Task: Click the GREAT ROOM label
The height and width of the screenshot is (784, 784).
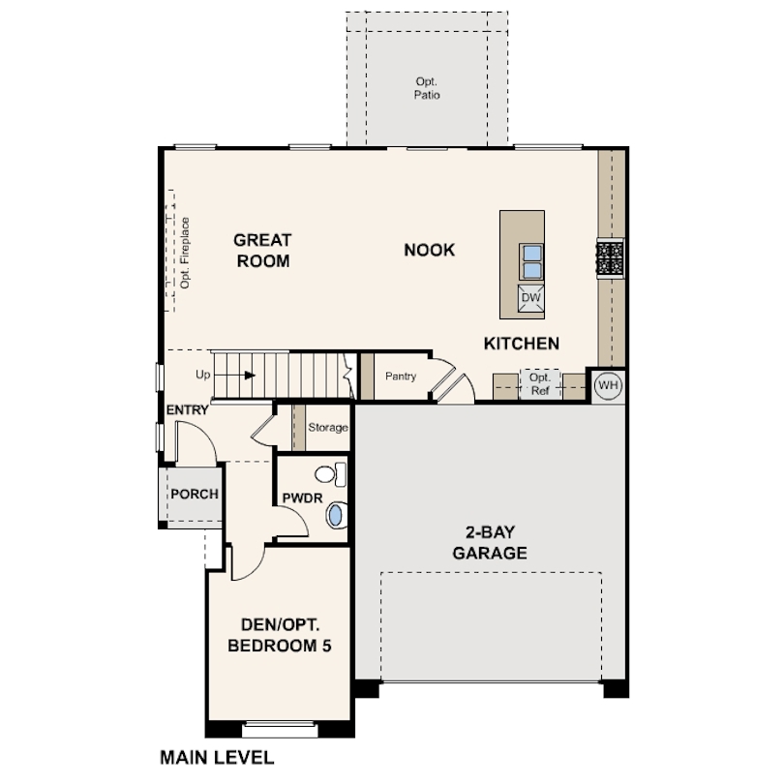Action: pyautogui.click(x=262, y=251)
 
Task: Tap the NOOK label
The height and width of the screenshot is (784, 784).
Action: pyautogui.click(x=430, y=250)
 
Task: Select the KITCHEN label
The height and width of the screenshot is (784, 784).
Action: pyautogui.click(x=522, y=344)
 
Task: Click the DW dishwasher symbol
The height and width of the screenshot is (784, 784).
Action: pyautogui.click(x=531, y=298)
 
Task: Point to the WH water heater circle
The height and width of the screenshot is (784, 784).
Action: pyautogui.click(x=609, y=385)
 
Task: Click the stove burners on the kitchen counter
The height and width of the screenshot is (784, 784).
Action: pyautogui.click(x=611, y=258)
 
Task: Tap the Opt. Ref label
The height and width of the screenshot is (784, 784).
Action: pyautogui.click(x=540, y=384)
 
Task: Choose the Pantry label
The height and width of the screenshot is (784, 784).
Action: pyautogui.click(x=401, y=376)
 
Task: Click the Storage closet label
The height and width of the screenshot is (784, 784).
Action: pyautogui.click(x=328, y=428)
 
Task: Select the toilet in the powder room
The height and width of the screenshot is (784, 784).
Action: pyautogui.click(x=331, y=474)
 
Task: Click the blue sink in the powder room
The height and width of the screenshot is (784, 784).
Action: pyautogui.click(x=336, y=516)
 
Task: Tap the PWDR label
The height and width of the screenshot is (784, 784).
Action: pyautogui.click(x=302, y=498)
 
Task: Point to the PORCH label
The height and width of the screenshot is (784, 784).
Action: pyautogui.click(x=195, y=494)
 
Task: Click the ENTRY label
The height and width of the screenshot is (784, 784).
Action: pyautogui.click(x=187, y=410)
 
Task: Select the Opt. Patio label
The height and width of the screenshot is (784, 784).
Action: pyautogui.click(x=427, y=88)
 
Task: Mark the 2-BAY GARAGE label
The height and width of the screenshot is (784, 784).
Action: pyautogui.click(x=490, y=542)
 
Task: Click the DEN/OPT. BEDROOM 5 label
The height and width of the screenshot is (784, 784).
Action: pyautogui.click(x=280, y=635)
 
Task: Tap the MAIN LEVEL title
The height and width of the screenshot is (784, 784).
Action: pyautogui.click(x=217, y=758)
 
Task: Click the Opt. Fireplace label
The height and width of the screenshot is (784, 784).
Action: pyautogui.click(x=185, y=253)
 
